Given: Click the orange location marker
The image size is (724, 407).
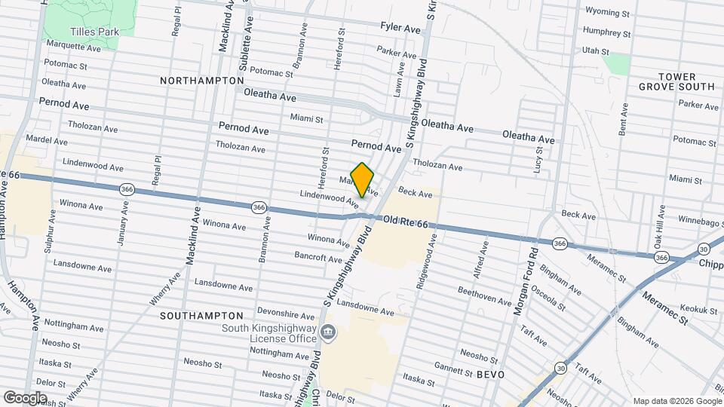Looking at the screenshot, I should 362,180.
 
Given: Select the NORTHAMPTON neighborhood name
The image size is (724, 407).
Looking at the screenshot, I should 202,81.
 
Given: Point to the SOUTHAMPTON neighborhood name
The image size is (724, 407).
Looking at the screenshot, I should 201,316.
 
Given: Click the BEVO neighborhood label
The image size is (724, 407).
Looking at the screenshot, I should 489,374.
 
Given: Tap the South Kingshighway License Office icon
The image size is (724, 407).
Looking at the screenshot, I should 327,332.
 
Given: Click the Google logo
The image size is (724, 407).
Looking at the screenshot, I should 24,397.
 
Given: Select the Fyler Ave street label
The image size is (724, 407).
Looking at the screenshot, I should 400,28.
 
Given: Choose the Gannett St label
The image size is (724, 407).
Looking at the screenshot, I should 453,366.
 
